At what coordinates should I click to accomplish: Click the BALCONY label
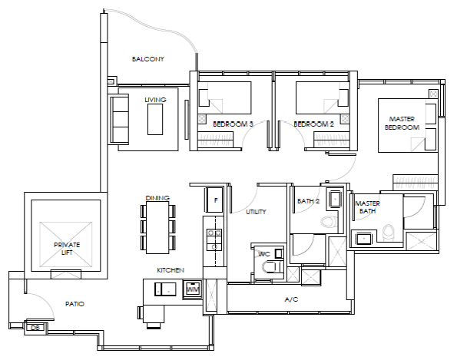(x=148, y=59)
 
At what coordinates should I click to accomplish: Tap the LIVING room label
(x=155, y=100)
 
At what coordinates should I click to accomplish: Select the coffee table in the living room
(x=155, y=120)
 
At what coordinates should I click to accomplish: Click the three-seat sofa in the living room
(x=119, y=119)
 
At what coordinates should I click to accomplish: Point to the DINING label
(x=157, y=198)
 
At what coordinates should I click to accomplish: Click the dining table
(x=157, y=228)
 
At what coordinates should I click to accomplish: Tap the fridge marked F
(x=214, y=200)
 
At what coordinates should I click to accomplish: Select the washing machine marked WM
(x=192, y=289)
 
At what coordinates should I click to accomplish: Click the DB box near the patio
(x=35, y=328)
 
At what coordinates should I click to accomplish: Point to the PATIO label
(x=75, y=304)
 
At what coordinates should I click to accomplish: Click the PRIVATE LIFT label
(x=67, y=249)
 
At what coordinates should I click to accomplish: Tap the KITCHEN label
(x=171, y=270)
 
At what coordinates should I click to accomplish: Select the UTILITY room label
(x=256, y=212)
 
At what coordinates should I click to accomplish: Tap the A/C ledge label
(x=291, y=299)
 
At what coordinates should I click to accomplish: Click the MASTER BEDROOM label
(x=402, y=123)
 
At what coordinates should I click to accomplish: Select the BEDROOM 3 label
(x=233, y=124)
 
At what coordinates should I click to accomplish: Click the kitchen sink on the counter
(x=165, y=289)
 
